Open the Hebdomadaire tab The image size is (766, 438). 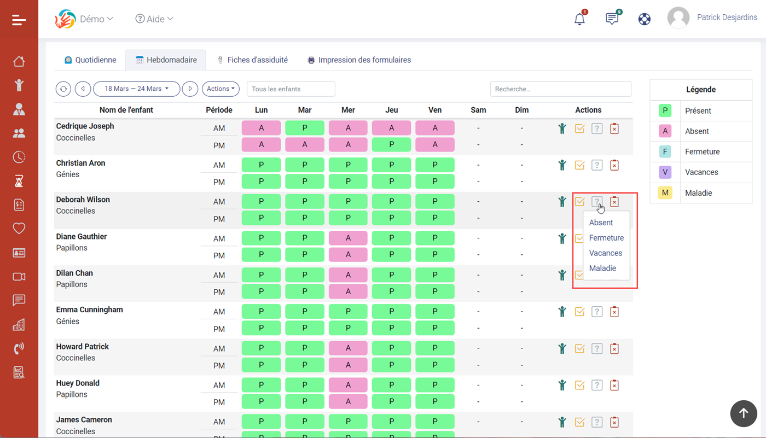(166, 60)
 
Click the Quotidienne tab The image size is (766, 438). (90, 60)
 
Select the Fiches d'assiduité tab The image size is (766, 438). (253, 60)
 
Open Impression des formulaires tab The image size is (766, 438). (359, 60)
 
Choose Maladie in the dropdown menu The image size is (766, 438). (602, 268)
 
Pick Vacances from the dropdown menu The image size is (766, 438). (606, 253)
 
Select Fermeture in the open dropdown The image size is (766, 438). (606, 238)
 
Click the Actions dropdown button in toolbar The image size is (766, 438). (220, 89)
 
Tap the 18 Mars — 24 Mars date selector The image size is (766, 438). (136, 89)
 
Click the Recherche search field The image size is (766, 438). (560, 89)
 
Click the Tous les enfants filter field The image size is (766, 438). (291, 89)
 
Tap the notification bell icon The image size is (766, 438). (579, 19)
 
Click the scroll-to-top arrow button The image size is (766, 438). (744, 413)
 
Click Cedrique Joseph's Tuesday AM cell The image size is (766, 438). (305, 128)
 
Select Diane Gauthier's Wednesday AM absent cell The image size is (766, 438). (348, 238)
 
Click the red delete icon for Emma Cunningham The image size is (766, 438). (614, 312)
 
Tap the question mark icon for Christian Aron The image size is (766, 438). (597, 165)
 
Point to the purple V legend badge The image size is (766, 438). (665, 172)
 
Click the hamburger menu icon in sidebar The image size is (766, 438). (19, 20)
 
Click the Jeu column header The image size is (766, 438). (392, 110)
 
